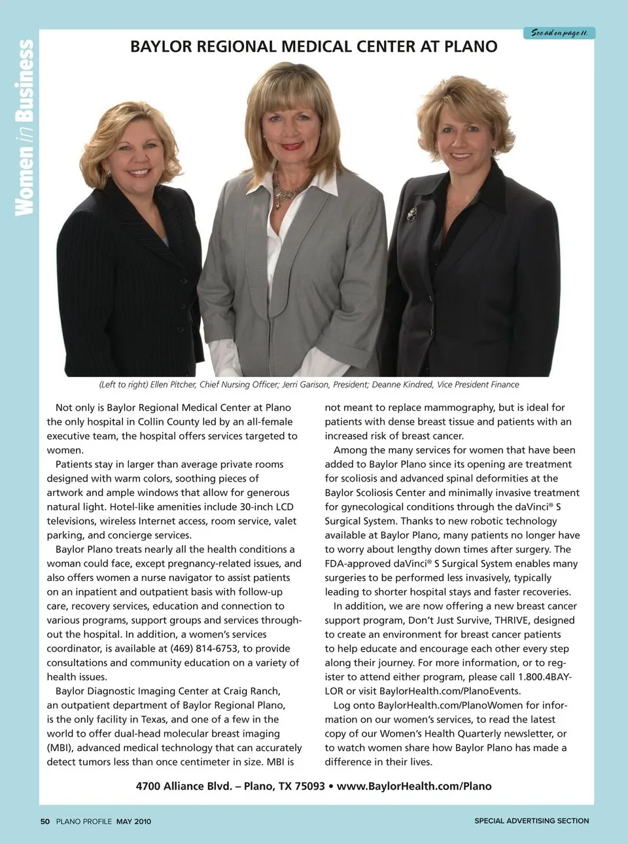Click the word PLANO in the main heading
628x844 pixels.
click(x=470, y=46)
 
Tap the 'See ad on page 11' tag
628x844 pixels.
click(x=559, y=33)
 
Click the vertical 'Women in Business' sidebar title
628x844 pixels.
click(x=24, y=128)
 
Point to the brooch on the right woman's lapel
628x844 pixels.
click(x=411, y=213)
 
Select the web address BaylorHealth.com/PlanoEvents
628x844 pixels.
click(x=450, y=691)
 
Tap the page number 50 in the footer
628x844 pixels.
click(x=44, y=821)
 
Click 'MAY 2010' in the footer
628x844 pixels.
click(x=133, y=821)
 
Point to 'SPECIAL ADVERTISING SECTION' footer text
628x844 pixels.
click(x=531, y=820)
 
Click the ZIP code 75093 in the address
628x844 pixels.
click(x=309, y=786)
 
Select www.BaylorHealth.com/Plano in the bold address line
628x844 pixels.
click(x=414, y=786)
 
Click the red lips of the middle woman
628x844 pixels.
click(x=291, y=146)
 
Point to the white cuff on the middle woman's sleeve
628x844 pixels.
click(x=222, y=357)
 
